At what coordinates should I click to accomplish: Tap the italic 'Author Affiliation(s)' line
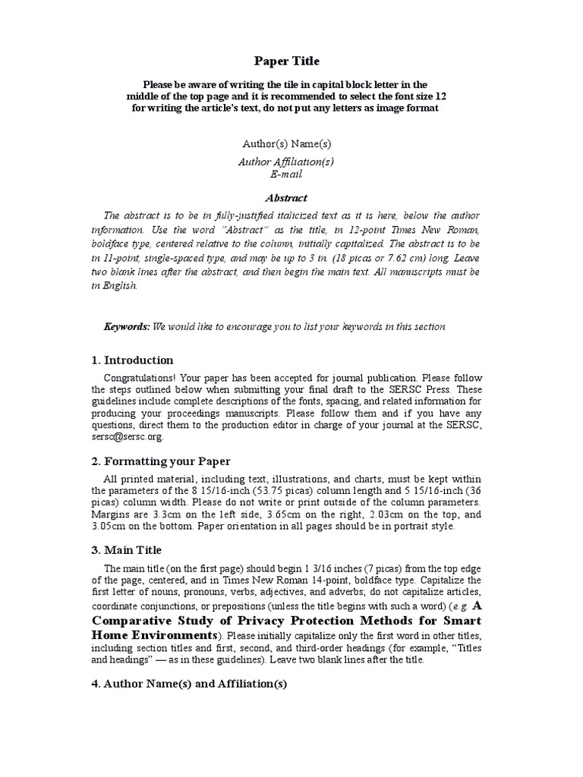pyautogui.click(x=286, y=162)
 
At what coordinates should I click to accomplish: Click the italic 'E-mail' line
pyautogui.click(x=286, y=174)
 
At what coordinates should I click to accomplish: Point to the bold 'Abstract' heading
pyautogui.click(x=286, y=198)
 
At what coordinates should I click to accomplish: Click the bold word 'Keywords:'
pyautogui.click(x=127, y=326)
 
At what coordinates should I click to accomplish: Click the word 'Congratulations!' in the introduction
pyautogui.click(x=140, y=377)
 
